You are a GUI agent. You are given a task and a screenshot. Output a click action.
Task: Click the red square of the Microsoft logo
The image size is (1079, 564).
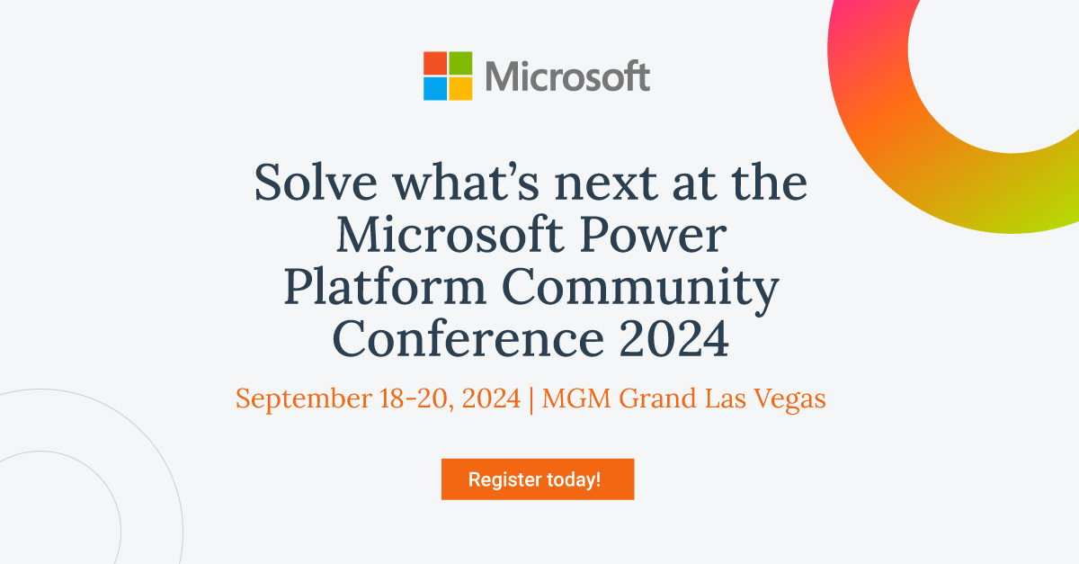tap(435, 63)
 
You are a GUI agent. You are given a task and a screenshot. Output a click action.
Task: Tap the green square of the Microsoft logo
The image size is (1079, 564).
tap(460, 63)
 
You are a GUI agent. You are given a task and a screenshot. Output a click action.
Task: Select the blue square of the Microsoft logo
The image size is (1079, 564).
tap(435, 88)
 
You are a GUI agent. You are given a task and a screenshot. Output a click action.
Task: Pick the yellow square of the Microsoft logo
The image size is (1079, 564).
tap(460, 88)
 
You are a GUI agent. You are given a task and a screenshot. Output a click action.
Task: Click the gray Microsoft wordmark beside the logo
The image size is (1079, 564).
tap(567, 76)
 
